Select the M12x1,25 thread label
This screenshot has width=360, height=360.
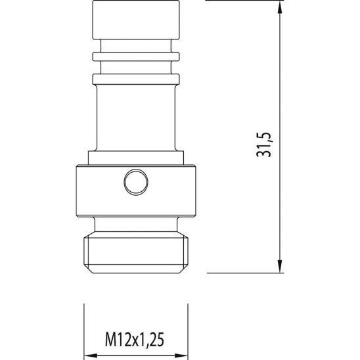click(135, 340)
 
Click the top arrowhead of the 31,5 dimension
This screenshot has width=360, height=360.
click(281, 8)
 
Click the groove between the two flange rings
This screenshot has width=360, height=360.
click(136, 66)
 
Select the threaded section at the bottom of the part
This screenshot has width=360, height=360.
click(136, 253)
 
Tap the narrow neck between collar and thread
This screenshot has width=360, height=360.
click(136, 225)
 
